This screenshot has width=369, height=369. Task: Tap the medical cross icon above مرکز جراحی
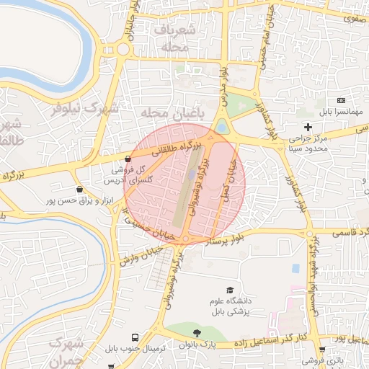(x=308, y=128)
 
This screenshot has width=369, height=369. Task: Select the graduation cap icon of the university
(x=230, y=289)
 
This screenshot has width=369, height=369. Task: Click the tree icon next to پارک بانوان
(x=197, y=332)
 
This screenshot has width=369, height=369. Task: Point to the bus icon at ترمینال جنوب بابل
(x=135, y=337)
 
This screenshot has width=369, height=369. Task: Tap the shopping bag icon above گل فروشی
(x=128, y=159)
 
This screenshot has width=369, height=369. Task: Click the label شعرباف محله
(x=174, y=37)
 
